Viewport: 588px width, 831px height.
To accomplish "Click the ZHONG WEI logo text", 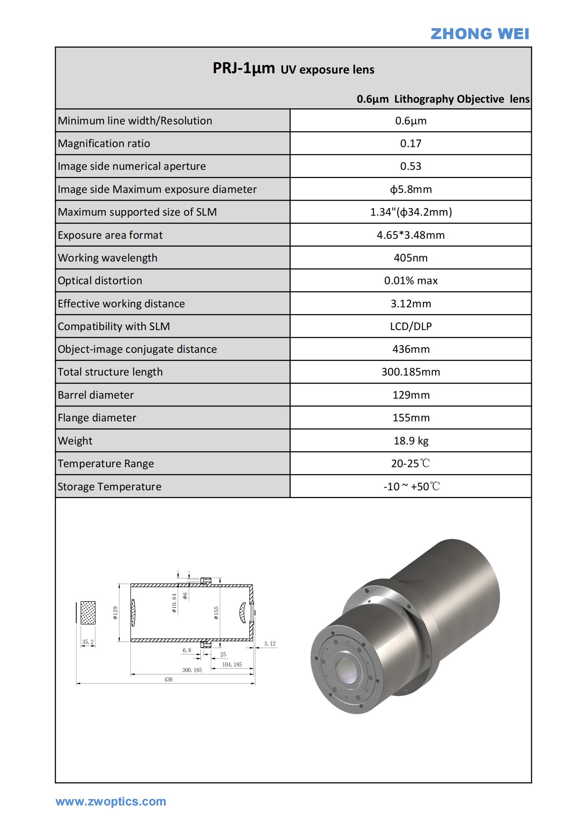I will tap(479, 34).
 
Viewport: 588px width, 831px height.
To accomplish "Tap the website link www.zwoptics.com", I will tap(111, 801).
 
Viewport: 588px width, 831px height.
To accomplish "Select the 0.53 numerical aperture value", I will tap(411, 166).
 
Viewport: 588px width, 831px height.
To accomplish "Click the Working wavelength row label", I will tap(107, 258).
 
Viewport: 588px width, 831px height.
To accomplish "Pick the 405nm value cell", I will tap(411, 258).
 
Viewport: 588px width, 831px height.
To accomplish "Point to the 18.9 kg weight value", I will tap(411, 441).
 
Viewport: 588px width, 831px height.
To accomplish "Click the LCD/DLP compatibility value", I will tap(411, 326).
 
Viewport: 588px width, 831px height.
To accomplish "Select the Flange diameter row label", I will tap(97, 418).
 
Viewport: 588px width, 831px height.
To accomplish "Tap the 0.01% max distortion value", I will tap(411, 281).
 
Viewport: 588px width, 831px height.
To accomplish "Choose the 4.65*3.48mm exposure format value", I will tap(411, 235).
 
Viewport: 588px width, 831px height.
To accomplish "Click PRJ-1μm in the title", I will tap(244, 68).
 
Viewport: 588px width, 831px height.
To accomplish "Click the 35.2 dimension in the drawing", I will tap(87, 642).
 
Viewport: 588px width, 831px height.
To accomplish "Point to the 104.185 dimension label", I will tap(232, 664).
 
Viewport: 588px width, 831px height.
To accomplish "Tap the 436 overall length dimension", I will tap(169, 679).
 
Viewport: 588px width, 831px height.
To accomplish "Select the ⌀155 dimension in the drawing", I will tap(216, 613).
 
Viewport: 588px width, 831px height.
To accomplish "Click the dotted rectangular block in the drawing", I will tap(88, 613).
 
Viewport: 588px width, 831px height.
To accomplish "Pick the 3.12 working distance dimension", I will tap(269, 643).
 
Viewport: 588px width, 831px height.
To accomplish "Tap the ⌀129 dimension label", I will tap(115, 613).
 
